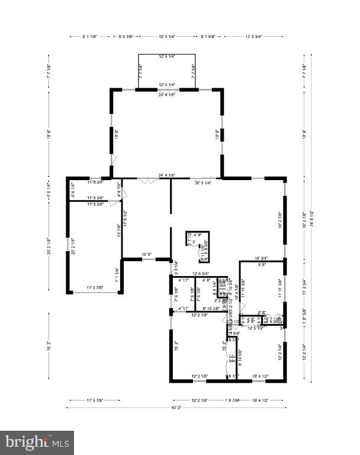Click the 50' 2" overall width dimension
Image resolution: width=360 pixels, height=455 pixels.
tap(175, 408)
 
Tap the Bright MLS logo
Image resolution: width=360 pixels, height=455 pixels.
tap(37, 442)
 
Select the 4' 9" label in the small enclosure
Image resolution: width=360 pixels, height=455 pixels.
tap(198, 235)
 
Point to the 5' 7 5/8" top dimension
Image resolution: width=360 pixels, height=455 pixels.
tap(211, 37)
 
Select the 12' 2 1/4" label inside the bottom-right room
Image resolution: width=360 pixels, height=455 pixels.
tap(280, 353)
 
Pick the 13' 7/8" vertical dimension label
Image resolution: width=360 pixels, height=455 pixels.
tap(119, 230)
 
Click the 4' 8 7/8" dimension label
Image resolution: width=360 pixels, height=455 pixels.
tap(119, 191)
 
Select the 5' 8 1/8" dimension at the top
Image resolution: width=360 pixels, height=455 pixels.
tap(126, 37)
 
